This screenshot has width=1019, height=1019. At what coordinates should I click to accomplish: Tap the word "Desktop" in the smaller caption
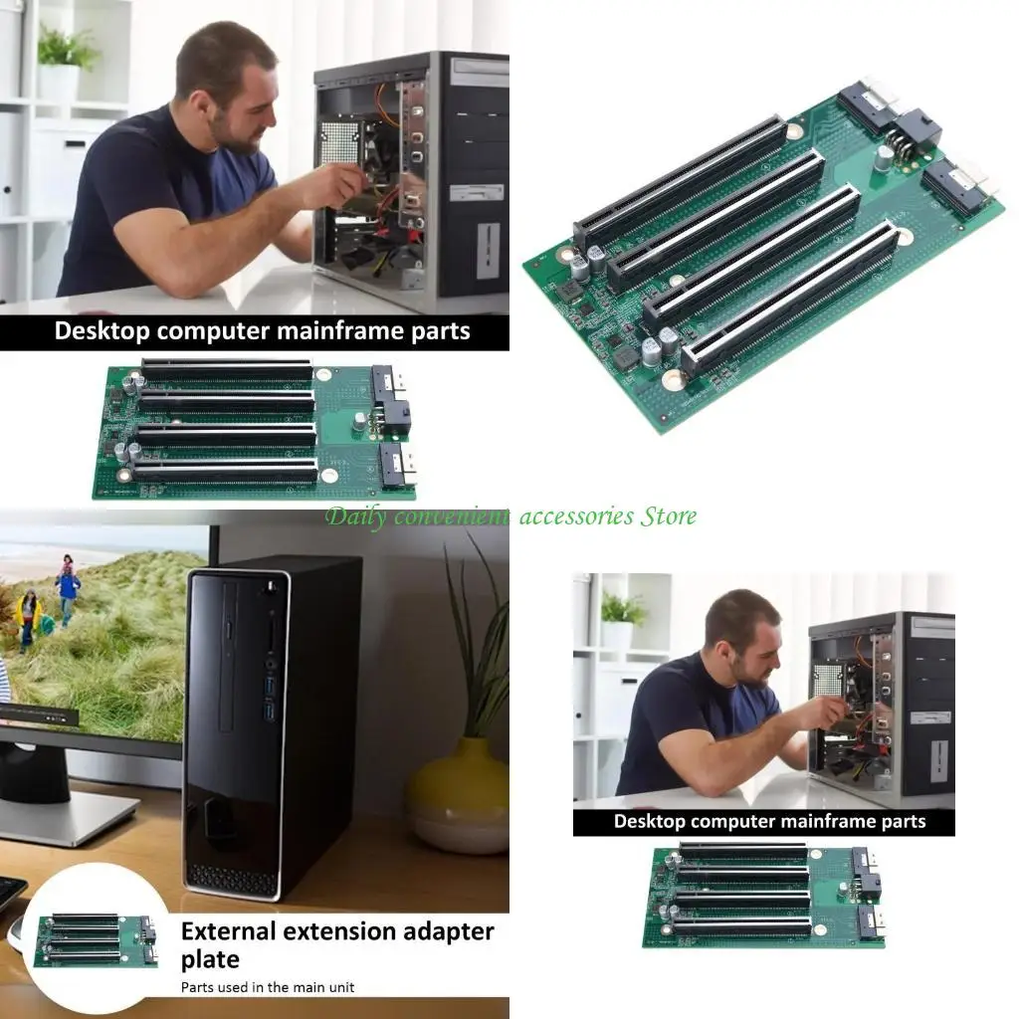pos(649,821)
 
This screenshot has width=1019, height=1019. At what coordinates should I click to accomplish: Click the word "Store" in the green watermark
pos(668,515)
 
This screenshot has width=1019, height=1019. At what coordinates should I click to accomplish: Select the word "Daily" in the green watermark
pos(355,515)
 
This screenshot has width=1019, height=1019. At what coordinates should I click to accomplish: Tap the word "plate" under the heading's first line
pos(210,959)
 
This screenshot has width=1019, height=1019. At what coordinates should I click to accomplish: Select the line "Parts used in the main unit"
pos(267,987)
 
